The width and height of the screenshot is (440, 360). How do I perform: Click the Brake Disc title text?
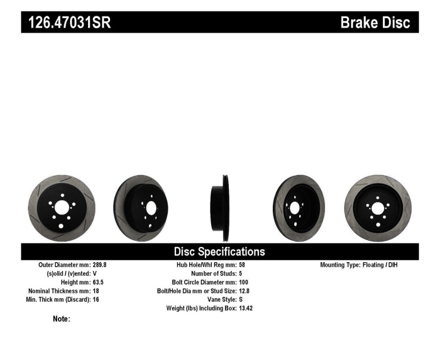375,23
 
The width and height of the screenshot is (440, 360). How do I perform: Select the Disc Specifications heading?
219,252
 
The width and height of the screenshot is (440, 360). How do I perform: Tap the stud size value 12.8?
243,291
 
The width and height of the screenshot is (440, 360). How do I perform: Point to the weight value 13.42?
245,308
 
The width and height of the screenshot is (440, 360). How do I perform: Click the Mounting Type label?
340,264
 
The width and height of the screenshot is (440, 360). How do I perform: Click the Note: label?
61,319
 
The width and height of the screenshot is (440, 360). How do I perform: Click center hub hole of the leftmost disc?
62,207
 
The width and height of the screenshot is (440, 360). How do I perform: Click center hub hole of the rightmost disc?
377,208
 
